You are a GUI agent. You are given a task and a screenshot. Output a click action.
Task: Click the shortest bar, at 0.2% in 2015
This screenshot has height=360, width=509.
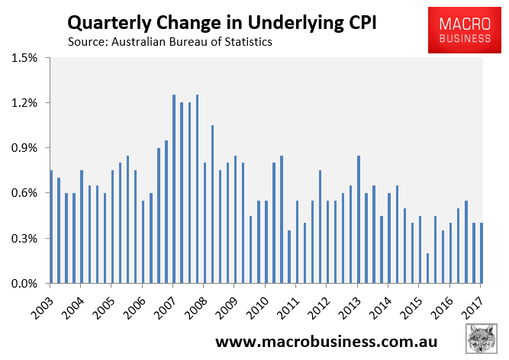[x=427, y=268]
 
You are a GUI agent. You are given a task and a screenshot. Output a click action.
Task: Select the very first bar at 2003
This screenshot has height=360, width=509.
[x=51, y=227]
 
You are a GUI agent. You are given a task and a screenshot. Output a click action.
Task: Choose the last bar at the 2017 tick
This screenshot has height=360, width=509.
[x=481, y=253]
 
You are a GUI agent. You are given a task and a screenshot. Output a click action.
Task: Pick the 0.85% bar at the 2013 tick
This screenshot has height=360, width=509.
[x=358, y=220]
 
